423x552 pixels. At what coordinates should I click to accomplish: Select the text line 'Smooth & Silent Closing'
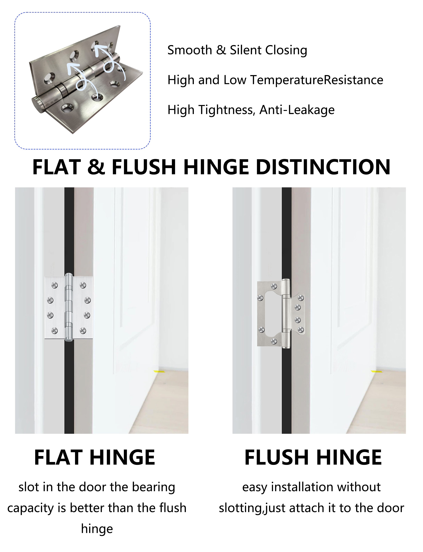tap(237, 50)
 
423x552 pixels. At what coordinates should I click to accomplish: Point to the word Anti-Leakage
tap(297, 110)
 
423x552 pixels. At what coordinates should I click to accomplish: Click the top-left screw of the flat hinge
tap(54, 285)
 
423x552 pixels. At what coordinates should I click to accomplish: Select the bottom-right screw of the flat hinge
tap(83, 331)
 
